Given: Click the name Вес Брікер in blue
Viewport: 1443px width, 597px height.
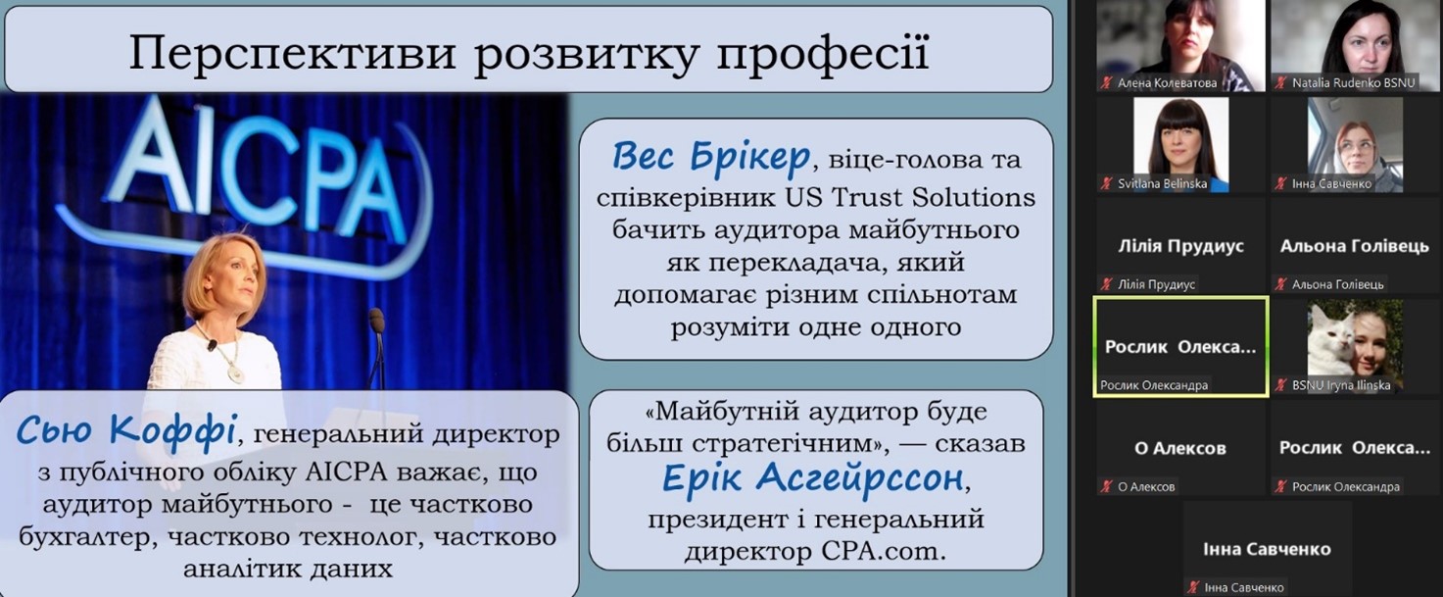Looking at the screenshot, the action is pyautogui.click(x=710, y=157).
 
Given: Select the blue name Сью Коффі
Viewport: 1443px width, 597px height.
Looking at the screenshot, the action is pyautogui.click(x=126, y=429).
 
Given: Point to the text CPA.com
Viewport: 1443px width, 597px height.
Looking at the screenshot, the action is pyautogui.click(x=884, y=551).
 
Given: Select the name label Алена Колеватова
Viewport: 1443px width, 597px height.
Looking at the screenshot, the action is pyautogui.click(x=1168, y=83).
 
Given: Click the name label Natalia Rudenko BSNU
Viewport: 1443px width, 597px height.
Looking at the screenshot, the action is pyautogui.click(x=1354, y=83).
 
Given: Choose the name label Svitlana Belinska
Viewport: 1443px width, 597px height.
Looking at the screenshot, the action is pyautogui.click(x=1162, y=183).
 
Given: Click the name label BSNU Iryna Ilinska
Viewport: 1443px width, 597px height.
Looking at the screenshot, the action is pyautogui.click(x=1341, y=385).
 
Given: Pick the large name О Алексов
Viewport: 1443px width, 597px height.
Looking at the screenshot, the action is pyautogui.click(x=1180, y=448).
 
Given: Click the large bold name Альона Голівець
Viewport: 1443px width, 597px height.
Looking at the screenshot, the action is pyautogui.click(x=1355, y=246).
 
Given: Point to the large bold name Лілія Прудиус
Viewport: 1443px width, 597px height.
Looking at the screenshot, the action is pyautogui.click(x=1180, y=246).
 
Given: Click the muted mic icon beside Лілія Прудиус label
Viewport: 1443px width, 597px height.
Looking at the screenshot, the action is pyautogui.click(x=1107, y=284).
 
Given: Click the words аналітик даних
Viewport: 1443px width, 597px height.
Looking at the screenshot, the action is pyautogui.click(x=288, y=569).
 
